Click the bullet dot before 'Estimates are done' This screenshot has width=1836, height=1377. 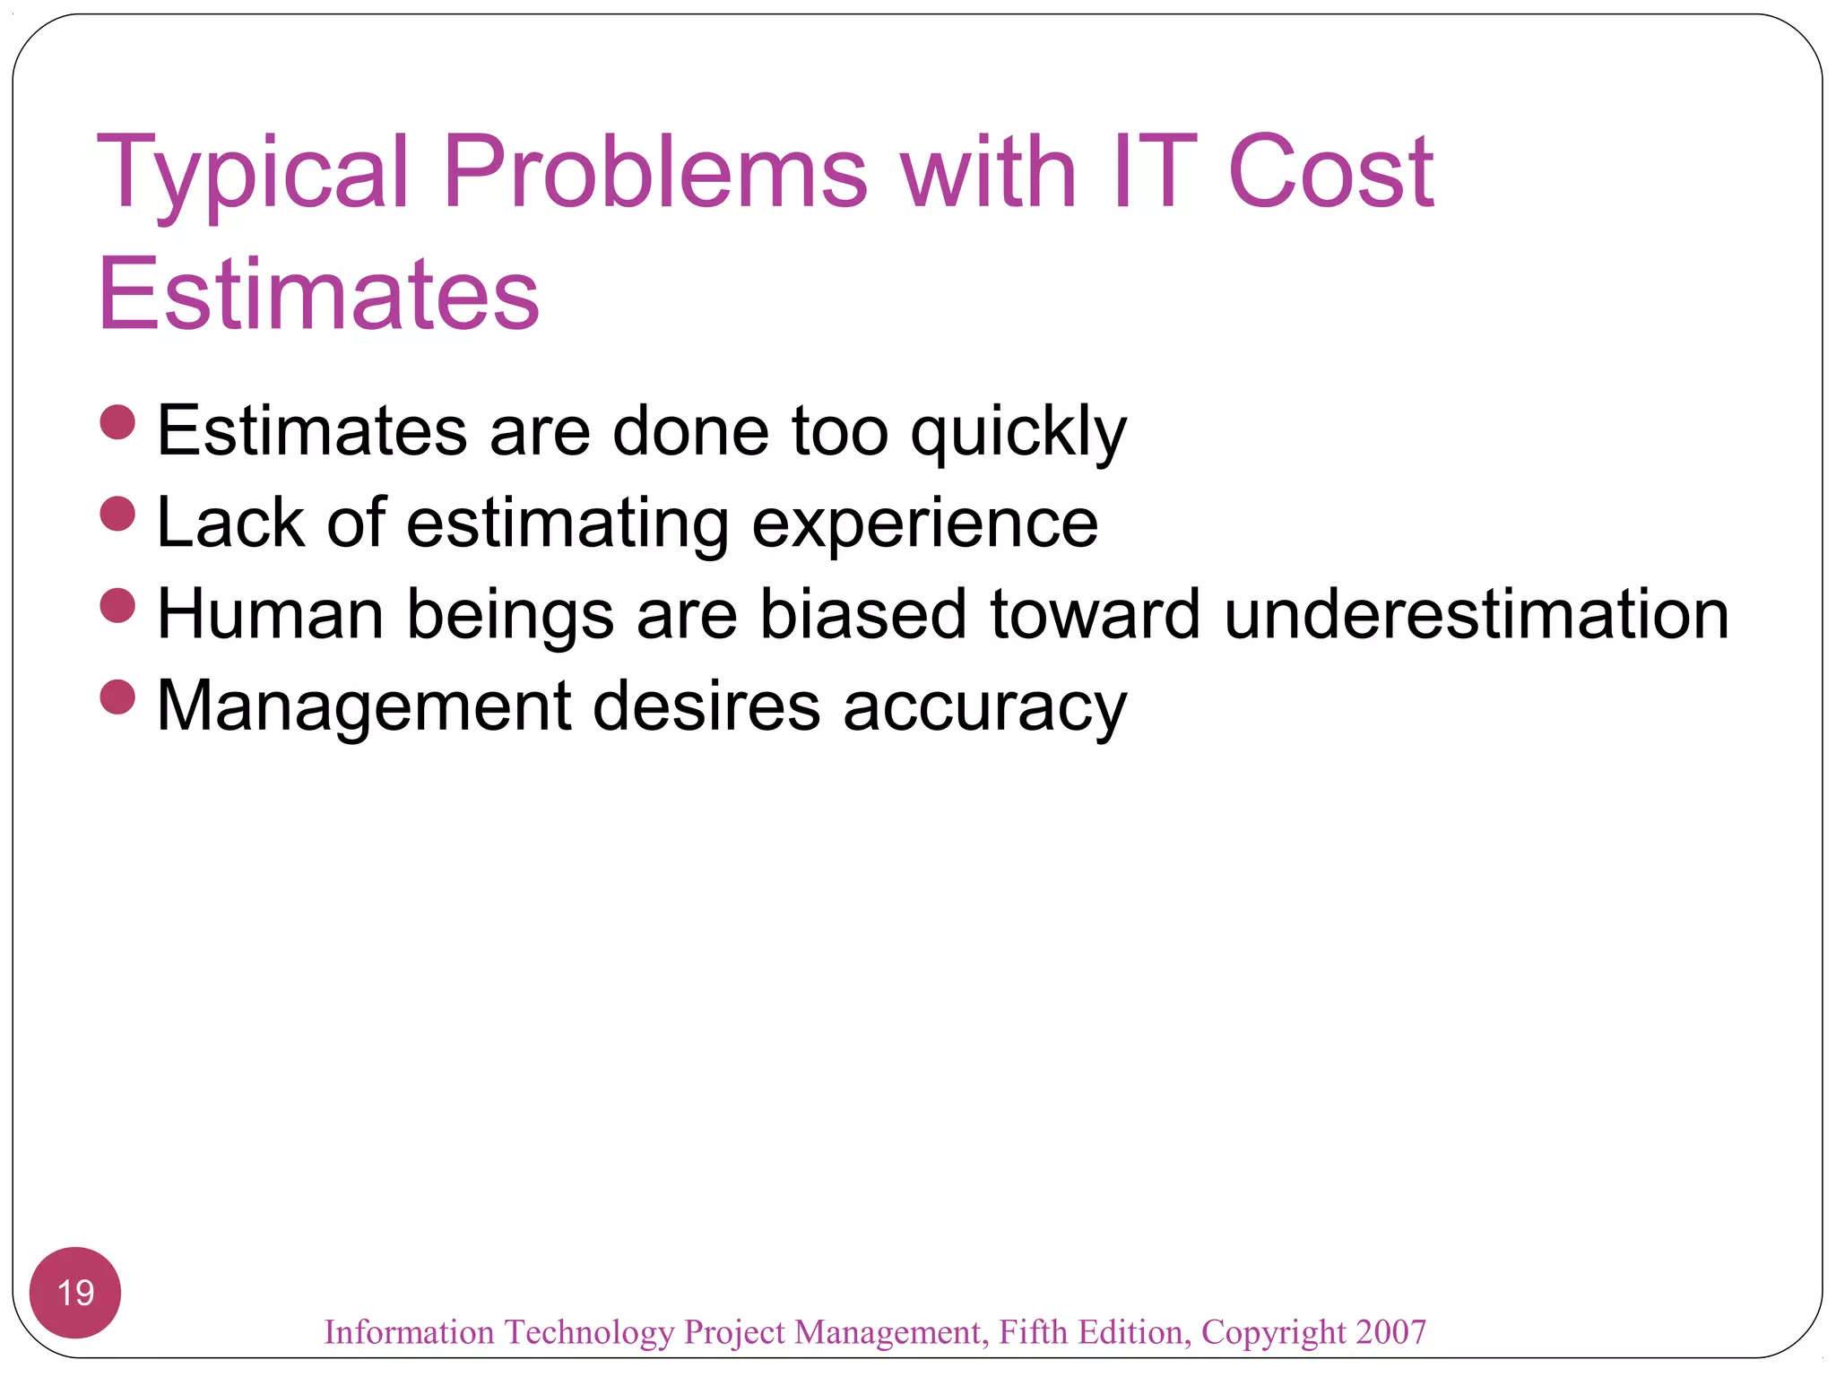117,422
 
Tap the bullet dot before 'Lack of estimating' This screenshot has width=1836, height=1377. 117,515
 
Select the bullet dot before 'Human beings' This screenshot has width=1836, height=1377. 117,606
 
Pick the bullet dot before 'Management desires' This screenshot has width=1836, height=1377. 117,697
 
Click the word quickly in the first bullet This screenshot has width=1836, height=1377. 1018,433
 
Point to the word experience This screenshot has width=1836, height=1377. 924,524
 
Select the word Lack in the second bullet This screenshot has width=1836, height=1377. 230,524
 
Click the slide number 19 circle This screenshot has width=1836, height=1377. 75,1293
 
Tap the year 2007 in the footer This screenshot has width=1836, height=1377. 1390,1332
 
